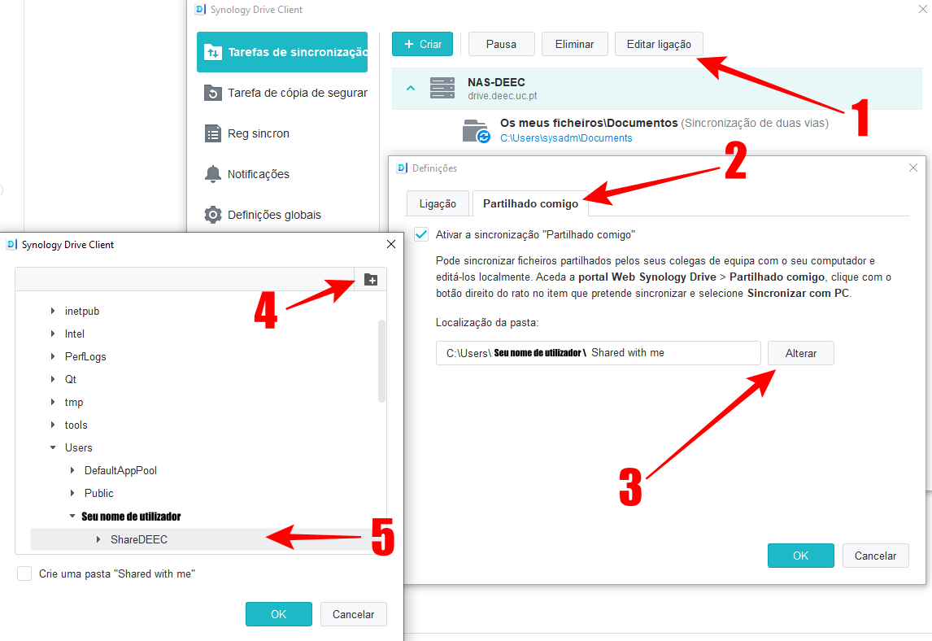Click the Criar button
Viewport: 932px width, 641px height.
coord(422,44)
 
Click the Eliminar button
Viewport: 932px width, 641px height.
coord(574,44)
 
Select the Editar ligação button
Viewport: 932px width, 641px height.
coord(659,44)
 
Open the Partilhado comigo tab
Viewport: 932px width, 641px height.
coord(530,203)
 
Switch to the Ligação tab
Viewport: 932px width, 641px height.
coord(438,203)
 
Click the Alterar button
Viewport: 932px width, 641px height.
coord(800,353)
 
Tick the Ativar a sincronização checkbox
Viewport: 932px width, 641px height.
coord(421,234)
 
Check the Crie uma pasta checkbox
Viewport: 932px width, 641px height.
coord(24,573)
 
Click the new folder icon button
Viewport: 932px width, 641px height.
coord(371,280)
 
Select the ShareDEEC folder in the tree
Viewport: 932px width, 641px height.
coord(139,539)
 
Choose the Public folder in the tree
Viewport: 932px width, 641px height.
coord(98,493)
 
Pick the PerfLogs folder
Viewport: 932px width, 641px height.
coord(85,356)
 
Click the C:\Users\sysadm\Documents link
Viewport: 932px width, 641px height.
coord(566,138)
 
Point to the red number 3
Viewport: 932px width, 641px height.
coord(630,486)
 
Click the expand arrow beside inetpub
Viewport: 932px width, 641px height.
coord(53,311)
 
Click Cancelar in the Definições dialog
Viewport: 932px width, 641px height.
coord(875,556)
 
